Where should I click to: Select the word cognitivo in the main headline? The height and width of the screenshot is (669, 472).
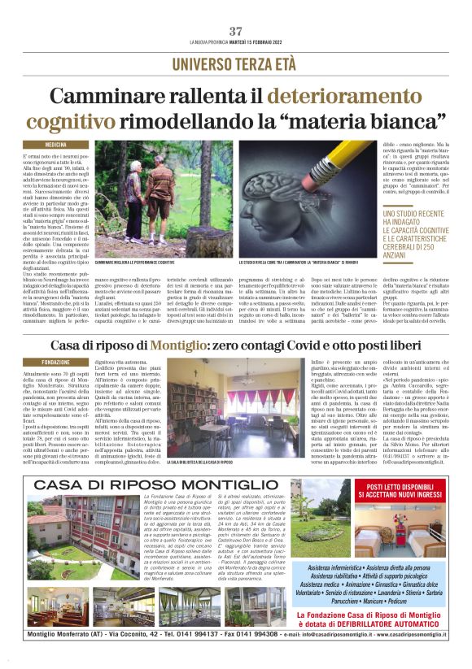pos(95,123)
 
